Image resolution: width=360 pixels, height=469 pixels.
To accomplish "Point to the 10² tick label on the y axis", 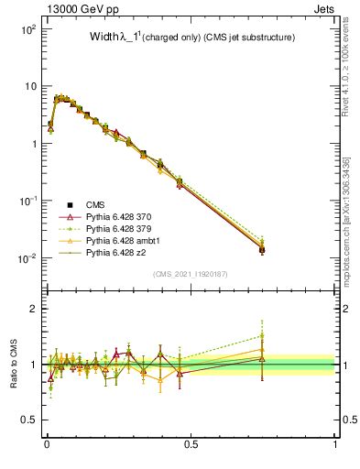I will (27, 29).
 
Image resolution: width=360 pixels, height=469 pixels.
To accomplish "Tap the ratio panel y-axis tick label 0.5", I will (27, 420).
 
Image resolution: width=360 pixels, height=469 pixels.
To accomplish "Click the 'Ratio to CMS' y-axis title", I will (13, 365).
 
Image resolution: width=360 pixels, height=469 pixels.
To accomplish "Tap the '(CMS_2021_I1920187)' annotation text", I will (191, 273).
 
